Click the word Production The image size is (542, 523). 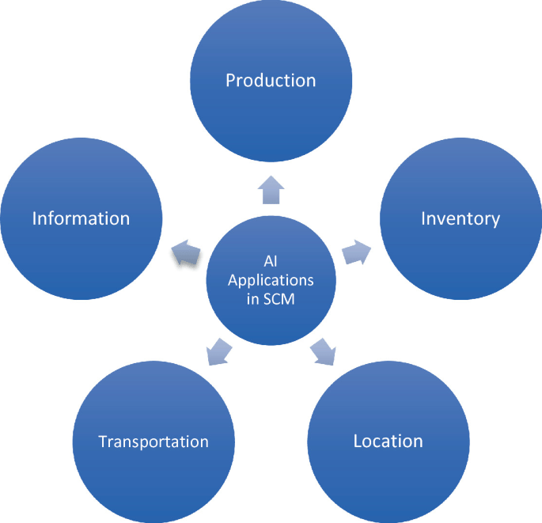coord(271,80)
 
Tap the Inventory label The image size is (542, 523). coord(461,218)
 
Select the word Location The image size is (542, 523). coord(388,441)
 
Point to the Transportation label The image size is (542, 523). coord(154,442)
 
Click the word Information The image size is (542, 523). coord(81,218)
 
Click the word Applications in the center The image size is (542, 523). coord(271,281)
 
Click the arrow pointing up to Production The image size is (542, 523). coord(271,190)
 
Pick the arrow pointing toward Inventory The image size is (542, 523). coord(356,252)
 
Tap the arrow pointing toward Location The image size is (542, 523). coord(323,351)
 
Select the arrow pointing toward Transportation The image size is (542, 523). coord(219,351)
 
